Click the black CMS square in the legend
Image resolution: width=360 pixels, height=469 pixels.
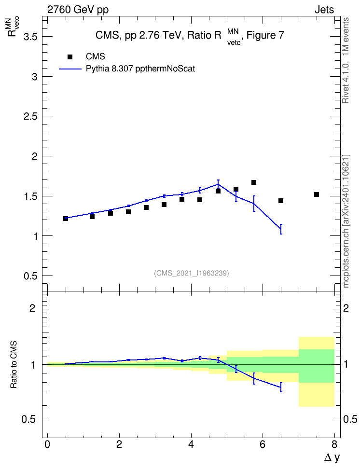tap(69, 57)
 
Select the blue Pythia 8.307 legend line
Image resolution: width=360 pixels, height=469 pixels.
tap(70, 69)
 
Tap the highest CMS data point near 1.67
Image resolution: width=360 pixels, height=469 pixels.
tap(254, 182)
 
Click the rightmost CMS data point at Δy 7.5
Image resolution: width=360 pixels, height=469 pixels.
tap(317, 194)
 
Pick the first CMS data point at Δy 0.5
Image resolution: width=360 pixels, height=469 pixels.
tap(66, 219)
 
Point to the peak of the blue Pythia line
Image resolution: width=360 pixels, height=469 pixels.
tap(218, 184)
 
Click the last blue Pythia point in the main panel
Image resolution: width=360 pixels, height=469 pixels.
tap(281, 229)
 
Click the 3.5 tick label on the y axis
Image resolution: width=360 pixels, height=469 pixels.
tap(30, 37)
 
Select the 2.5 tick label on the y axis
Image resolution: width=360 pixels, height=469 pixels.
tap(30, 116)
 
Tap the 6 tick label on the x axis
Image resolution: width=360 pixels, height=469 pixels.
tap(263, 444)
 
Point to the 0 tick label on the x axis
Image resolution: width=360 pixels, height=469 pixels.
tap(47, 444)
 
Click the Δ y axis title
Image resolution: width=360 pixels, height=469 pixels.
tap(332, 457)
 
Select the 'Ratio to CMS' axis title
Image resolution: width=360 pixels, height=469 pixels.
tap(14, 365)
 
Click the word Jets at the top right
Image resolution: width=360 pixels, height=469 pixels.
tap(324, 10)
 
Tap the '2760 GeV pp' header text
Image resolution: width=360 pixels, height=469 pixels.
tap(78, 10)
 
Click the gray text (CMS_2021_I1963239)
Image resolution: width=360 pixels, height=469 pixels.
tap(192, 273)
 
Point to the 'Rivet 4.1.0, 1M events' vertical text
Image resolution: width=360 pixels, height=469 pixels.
tap(346, 60)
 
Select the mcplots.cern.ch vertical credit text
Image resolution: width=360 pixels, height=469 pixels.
tap(346, 221)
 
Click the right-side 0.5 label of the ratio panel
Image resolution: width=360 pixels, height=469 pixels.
tap(350, 419)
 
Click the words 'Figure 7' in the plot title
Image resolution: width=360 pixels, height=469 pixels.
tap(265, 35)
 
